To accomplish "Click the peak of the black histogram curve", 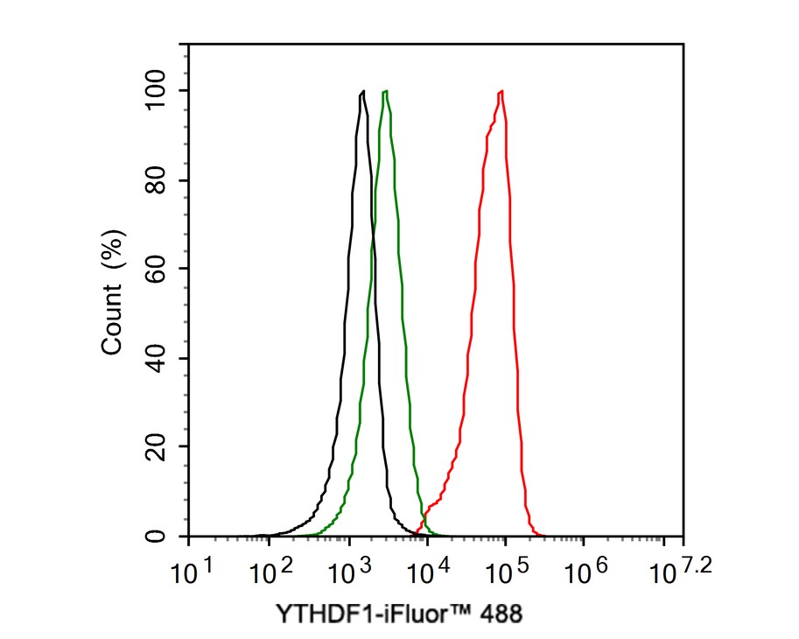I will pos(362,91).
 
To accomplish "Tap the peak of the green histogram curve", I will pos(385,91).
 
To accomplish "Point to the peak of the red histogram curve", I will pos(501,91).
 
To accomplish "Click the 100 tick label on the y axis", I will pos(158,90).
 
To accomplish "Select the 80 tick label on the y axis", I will pos(158,179).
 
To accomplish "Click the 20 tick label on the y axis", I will pos(158,446).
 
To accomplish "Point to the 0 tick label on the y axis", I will pos(158,535).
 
